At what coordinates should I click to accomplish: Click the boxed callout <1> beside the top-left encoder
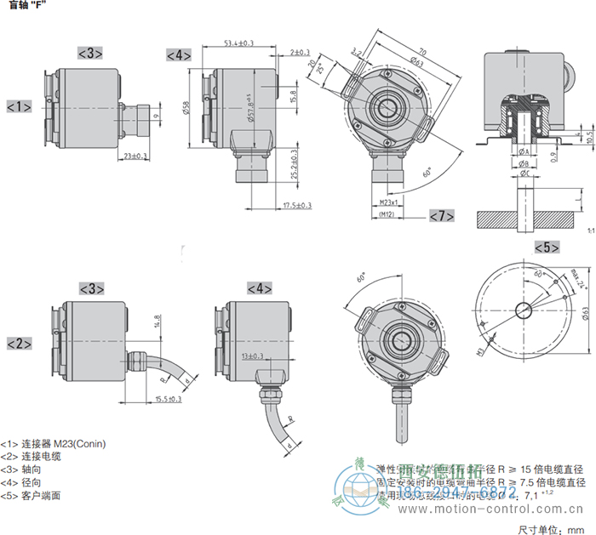coord(19,106)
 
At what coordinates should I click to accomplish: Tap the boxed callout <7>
coord(441,215)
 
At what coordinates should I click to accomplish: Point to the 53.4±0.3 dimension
coord(239,43)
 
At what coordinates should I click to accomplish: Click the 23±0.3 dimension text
coord(135,156)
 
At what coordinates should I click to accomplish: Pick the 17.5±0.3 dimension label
coord(296,205)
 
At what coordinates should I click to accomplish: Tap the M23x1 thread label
coord(389,202)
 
